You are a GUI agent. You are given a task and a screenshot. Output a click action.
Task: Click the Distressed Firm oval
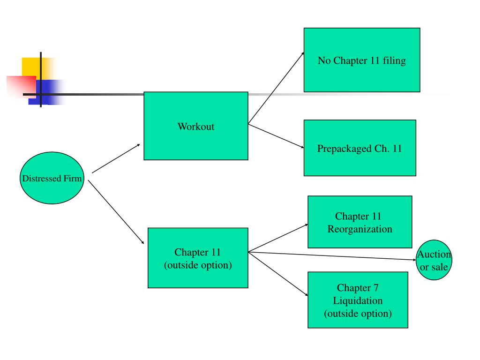tap(52, 178)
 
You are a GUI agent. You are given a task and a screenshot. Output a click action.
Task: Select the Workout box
tap(195, 126)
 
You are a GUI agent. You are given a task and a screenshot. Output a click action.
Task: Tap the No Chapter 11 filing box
tap(361, 60)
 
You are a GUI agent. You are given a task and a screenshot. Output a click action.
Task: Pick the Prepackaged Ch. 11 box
tap(360, 148)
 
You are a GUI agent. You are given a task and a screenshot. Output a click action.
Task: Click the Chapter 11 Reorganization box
tap(360, 222)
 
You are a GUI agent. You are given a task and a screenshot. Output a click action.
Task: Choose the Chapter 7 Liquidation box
tap(358, 300)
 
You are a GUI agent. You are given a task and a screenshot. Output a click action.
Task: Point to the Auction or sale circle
tap(434, 260)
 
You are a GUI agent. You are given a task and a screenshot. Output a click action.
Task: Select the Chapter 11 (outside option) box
tap(198, 258)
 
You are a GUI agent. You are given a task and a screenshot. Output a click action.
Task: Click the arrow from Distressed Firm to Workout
tap(116, 158)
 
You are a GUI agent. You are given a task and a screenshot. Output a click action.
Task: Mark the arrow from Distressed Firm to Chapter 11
tap(116, 212)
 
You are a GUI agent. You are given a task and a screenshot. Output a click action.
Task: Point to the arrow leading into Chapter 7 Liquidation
tap(278, 274)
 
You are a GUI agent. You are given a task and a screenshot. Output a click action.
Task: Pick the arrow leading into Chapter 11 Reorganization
tap(278, 238)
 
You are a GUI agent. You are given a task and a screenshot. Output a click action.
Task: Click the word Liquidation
tap(358, 300)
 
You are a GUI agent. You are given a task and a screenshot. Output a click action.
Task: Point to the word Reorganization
tap(360, 229)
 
